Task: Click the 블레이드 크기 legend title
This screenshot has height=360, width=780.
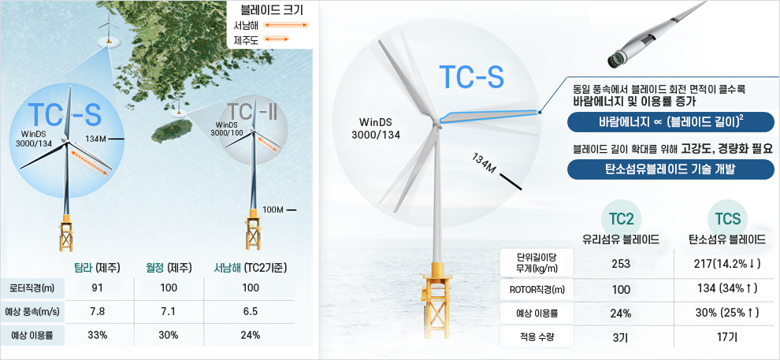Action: pyautogui.click(x=272, y=10)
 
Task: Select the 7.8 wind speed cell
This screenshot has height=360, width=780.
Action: pyautogui.click(x=97, y=312)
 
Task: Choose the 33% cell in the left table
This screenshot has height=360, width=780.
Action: pyautogui.click(x=97, y=335)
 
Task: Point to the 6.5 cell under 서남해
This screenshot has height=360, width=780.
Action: pyautogui.click(x=251, y=312)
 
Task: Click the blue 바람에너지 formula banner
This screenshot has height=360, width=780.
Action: pyautogui.click(x=671, y=122)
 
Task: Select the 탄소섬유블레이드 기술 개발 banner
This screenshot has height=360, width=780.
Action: pyautogui.click(x=671, y=169)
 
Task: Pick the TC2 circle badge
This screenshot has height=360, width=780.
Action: pyautogui.click(x=621, y=218)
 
